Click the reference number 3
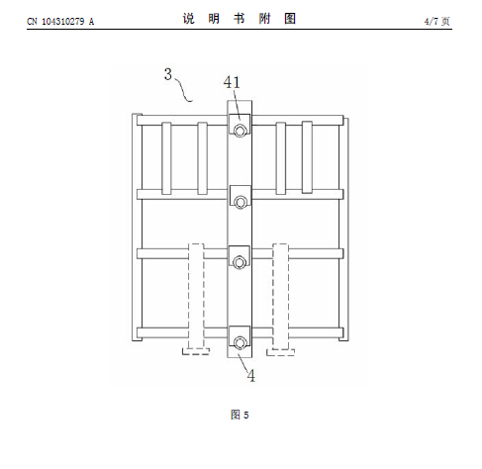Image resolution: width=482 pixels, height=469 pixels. point(168,74)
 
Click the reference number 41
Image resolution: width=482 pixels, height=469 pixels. point(232,82)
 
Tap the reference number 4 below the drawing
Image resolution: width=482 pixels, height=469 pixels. point(251,376)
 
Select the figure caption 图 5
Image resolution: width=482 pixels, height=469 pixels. point(240,415)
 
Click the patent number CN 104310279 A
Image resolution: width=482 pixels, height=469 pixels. point(60,22)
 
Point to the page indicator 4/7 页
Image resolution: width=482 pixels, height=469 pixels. point(436,22)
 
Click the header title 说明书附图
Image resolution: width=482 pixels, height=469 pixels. point(240,19)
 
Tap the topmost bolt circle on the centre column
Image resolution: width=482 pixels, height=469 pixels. point(240,131)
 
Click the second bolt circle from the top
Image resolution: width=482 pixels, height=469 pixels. point(241,202)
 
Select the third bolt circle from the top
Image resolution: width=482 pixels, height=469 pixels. point(240,262)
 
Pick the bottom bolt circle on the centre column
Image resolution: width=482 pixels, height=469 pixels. point(240,343)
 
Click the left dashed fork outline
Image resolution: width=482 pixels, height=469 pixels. point(196,297)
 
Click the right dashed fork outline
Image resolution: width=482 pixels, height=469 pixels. point(280,297)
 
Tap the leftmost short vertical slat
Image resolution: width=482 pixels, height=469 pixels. point(166,158)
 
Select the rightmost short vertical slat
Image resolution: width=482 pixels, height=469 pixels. point(307,157)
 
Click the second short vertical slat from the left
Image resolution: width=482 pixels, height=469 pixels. point(202,158)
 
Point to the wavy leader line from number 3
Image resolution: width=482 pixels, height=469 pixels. point(183,90)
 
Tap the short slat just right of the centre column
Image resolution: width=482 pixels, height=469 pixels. point(281,158)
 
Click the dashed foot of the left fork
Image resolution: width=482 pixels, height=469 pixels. point(196,351)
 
